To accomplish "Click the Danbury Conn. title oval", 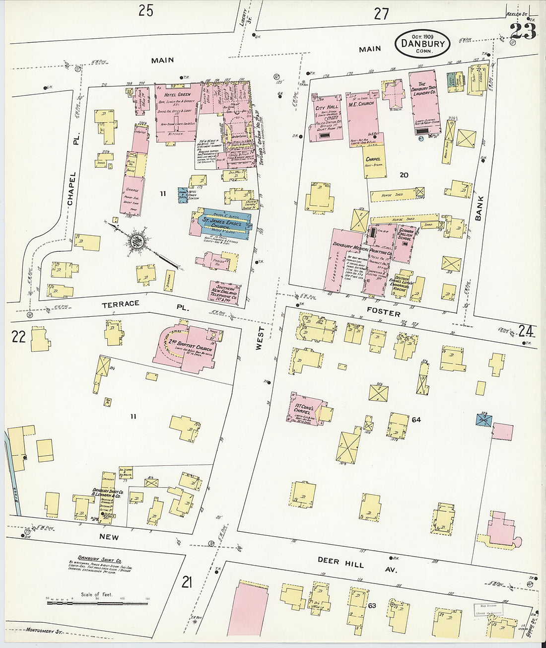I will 422,44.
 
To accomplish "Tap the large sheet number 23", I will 522,32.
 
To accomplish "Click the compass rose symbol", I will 136,241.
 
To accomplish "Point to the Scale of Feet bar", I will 98,603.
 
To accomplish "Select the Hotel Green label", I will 177,94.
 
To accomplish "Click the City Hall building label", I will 326,108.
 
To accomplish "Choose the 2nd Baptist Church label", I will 190,348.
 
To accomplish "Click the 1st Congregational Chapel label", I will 302,409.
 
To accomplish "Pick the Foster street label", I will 383,313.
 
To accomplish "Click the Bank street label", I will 479,208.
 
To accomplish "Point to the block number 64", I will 416,420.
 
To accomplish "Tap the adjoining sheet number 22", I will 18,337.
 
